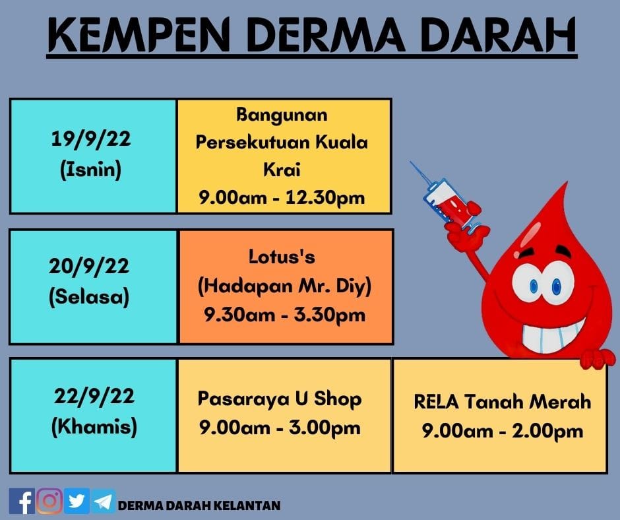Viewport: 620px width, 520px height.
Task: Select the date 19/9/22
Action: tap(91, 139)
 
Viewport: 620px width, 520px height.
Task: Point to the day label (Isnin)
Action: tap(90, 170)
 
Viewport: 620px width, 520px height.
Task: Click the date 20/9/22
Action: tap(89, 266)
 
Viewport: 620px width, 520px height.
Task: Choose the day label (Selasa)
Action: tap(89, 297)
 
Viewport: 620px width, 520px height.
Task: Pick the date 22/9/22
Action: tap(94, 396)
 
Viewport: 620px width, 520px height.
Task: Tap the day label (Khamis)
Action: tap(94, 426)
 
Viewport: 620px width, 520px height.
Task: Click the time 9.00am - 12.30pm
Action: tap(282, 197)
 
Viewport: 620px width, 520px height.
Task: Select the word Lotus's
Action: tap(282, 257)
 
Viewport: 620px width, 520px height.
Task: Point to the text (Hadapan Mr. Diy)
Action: tap(285, 286)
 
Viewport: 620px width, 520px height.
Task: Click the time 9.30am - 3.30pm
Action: tap(285, 315)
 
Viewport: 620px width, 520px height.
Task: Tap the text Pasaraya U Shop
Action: tap(280, 399)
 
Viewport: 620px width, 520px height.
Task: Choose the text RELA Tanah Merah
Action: tap(502, 402)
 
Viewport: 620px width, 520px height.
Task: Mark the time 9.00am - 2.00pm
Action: tap(502, 430)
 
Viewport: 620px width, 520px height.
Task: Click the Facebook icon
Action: tap(22, 501)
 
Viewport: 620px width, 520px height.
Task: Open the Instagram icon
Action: tap(49, 501)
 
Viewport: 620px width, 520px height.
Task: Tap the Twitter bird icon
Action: tap(77, 501)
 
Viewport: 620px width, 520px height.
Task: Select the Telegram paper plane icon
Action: tap(104, 502)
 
